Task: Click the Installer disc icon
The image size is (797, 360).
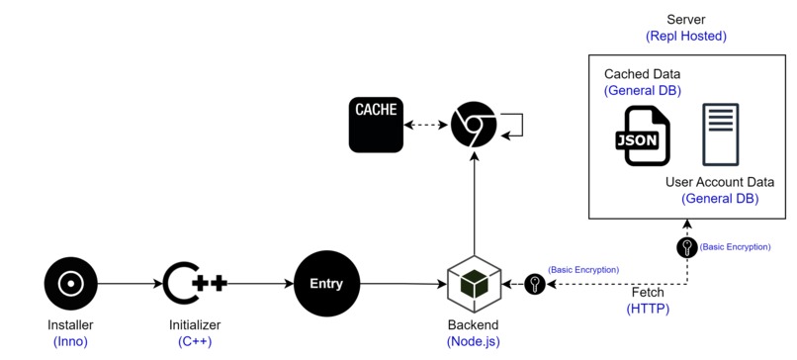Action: [x=70, y=284]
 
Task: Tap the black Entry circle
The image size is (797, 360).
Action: [x=326, y=284]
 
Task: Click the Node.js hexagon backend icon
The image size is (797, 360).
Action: [x=474, y=285]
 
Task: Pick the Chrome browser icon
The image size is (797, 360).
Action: [x=473, y=126]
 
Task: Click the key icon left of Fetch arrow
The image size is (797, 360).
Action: [x=535, y=285]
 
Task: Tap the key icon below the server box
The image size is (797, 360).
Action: [x=687, y=247]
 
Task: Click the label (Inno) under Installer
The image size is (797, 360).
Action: [x=70, y=341]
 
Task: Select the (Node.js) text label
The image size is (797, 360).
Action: [x=474, y=341]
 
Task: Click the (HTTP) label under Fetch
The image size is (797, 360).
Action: [x=648, y=309]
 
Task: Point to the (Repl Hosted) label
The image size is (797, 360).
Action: [x=686, y=36]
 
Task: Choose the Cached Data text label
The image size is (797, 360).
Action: [x=642, y=74]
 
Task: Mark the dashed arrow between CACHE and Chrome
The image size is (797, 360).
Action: [x=428, y=126]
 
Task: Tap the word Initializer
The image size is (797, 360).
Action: [x=195, y=324]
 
